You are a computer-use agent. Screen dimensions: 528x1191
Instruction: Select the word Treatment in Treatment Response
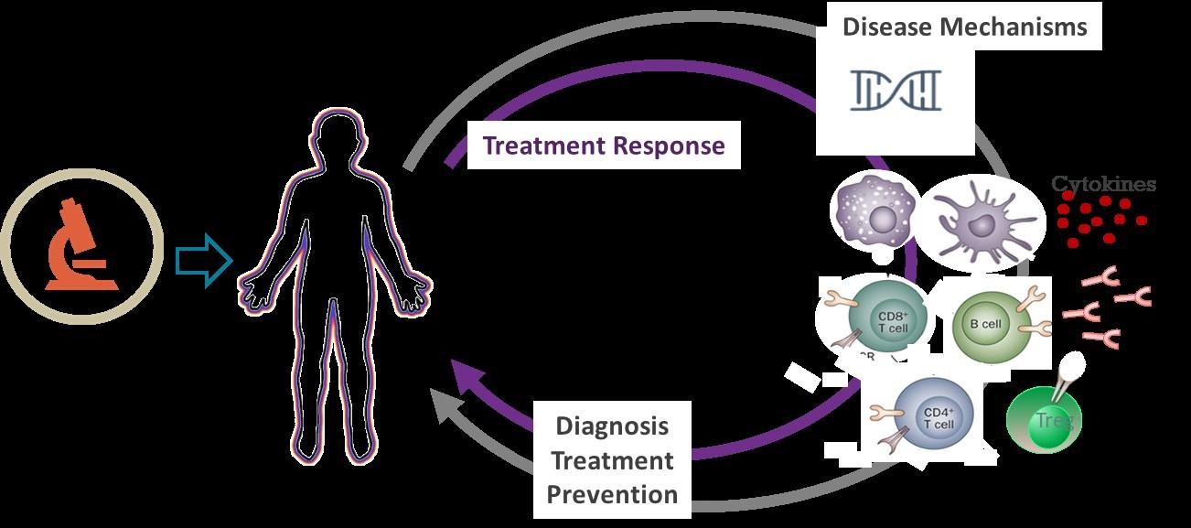[543, 145]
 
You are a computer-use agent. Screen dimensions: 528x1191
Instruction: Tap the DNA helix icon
[896, 90]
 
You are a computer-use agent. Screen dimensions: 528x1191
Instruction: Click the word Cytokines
[1103, 184]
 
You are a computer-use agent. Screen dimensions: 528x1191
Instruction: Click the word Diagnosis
[612, 426]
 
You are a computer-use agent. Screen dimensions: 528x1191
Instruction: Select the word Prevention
[612, 494]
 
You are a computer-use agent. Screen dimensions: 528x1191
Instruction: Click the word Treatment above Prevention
[612, 460]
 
